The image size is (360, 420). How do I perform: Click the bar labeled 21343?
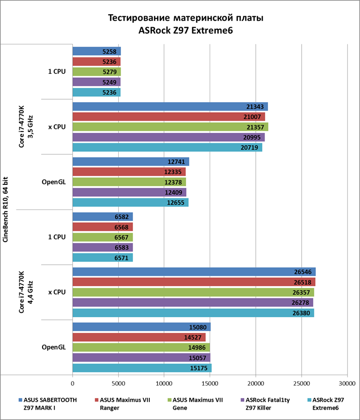point(170,106)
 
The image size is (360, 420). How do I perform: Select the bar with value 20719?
point(167,147)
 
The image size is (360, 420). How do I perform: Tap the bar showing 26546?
point(194,272)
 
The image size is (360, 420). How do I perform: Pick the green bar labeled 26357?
point(193,292)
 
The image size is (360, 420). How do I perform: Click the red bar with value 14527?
point(139,337)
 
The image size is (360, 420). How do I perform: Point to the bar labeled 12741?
point(131,162)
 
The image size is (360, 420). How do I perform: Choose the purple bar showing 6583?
point(102,247)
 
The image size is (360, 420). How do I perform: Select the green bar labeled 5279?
point(96,72)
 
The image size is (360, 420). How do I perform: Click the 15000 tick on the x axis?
point(210,382)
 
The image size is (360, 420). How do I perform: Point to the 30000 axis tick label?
point(347,382)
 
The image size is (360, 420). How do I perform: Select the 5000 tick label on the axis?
point(118,382)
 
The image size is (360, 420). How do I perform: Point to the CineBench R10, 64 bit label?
point(6,210)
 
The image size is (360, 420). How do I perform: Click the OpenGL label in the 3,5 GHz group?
point(53,182)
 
